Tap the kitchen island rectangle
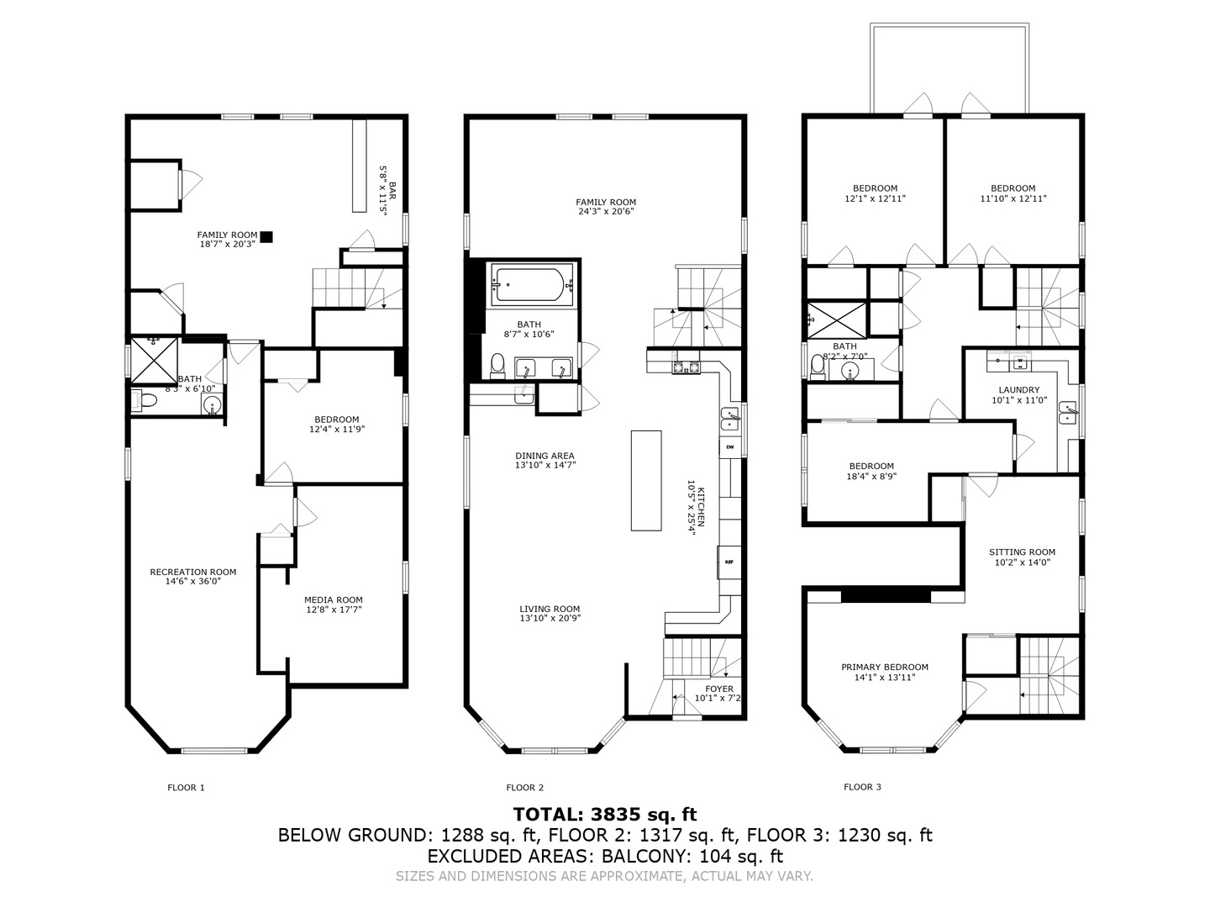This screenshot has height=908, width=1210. (646, 480)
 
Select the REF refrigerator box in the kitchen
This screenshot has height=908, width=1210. (729, 562)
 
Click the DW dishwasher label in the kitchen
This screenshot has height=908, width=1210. (730, 446)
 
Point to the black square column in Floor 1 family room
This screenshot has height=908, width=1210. (266, 237)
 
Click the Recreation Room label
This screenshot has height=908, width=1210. (192, 572)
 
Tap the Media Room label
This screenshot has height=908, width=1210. (334, 599)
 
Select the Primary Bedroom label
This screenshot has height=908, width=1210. (884, 667)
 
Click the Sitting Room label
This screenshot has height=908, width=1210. (1021, 552)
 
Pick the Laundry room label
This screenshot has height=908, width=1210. (1018, 389)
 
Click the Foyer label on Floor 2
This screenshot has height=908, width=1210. (719, 689)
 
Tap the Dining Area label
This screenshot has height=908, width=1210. (544, 456)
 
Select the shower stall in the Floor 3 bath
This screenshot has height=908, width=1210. (836, 319)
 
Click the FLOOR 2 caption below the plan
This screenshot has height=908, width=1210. (524, 788)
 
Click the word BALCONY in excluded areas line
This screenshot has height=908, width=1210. (645, 857)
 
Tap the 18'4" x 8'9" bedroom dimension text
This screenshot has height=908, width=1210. (871, 476)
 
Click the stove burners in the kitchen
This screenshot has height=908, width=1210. (686, 367)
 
